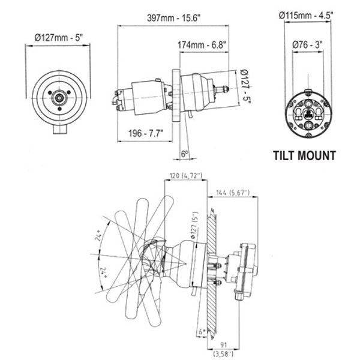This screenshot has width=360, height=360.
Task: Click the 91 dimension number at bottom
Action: [223, 344]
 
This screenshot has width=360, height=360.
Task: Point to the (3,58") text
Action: [223, 353]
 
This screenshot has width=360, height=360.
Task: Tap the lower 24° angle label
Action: [105, 274]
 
